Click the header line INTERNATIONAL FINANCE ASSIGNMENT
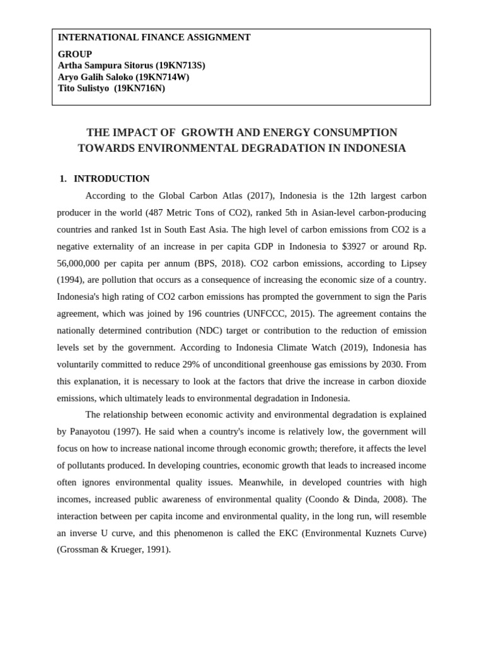pyautogui.click(x=154, y=38)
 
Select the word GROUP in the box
pyautogui.click(x=75, y=54)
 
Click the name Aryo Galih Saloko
pyautogui.click(x=95, y=77)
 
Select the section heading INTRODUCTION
pyautogui.click(x=112, y=179)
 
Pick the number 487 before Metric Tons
pyautogui.click(x=158, y=212)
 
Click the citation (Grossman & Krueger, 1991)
pyautogui.click(x=114, y=550)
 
